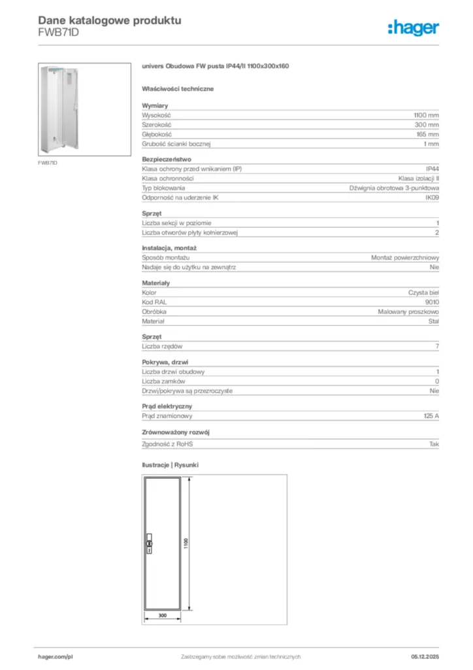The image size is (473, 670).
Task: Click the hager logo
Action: (x=413, y=27)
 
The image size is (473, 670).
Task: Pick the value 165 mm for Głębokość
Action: (x=428, y=133)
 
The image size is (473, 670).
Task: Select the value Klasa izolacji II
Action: (x=419, y=179)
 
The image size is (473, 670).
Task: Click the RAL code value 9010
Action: (x=432, y=302)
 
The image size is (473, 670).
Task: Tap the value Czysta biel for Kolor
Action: (x=423, y=292)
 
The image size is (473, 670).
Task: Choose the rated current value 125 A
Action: (x=431, y=415)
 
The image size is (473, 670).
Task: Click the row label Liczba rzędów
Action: (x=162, y=346)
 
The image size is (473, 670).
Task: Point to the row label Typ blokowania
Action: (x=163, y=188)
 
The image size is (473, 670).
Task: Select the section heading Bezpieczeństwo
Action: (x=166, y=159)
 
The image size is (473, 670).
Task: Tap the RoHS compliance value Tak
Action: (x=434, y=444)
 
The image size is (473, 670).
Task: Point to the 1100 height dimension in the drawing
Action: (x=186, y=544)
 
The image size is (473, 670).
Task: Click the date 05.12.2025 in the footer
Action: (x=425, y=656)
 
